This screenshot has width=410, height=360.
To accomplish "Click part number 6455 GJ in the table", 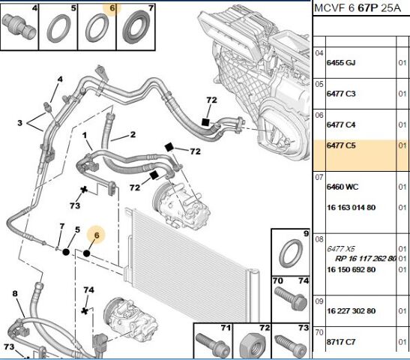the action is pos(341,63).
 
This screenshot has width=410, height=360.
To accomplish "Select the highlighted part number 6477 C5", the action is pos(341,145).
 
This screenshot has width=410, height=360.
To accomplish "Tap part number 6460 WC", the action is pos(343,187).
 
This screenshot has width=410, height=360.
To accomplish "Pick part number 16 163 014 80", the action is pos(352,208).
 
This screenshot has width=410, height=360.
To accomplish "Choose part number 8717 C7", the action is pos(341,342).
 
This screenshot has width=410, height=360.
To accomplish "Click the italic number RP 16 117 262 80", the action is pos(366,259).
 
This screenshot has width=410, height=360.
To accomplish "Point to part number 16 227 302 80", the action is pos(352,310).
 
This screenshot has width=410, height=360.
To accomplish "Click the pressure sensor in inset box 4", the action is pos(19,28).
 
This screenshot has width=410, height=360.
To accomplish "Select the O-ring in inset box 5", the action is pos(58,28).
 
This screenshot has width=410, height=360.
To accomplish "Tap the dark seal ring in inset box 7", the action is pos(136,27).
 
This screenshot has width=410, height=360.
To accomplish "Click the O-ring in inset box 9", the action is pos(291,253).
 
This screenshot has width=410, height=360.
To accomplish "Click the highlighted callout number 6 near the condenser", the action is pos(97,235).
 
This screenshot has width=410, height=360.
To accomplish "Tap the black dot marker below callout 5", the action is pos(66,252).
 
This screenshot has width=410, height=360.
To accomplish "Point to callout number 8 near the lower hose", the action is pos(15,293).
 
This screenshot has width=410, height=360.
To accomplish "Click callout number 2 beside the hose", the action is pos(133,134).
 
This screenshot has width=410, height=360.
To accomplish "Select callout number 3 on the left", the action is pos(20,123).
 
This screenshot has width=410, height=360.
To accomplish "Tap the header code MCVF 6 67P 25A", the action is pos(358,8).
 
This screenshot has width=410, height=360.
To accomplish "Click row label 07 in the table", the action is pos(319,177).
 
